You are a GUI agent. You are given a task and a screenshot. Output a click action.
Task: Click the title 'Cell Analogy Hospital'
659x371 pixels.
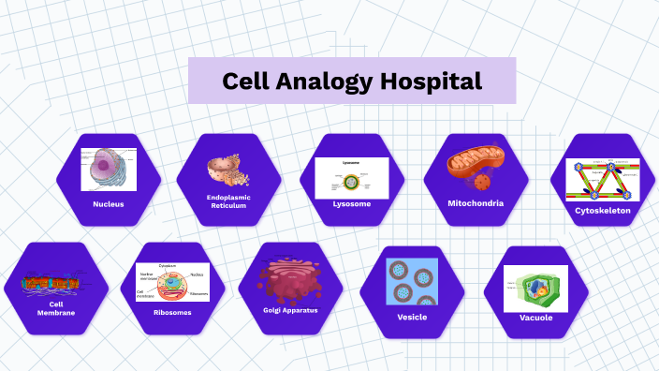352,81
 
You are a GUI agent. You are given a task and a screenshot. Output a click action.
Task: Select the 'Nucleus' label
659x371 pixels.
109,203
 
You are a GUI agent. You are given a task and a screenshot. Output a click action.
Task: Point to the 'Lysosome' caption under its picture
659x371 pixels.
352,203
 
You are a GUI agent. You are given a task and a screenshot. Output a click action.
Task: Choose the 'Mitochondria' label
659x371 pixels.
476,202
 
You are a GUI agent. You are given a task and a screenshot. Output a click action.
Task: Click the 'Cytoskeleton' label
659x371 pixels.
603,211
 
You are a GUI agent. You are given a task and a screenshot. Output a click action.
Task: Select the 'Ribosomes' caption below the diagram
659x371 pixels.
172,312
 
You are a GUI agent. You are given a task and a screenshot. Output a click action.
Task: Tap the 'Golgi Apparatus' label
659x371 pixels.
290,309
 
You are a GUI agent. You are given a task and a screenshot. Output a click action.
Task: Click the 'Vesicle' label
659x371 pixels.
412,317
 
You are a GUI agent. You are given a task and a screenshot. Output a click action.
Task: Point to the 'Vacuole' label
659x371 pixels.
535,318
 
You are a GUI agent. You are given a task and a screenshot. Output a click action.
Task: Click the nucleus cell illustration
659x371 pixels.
109,170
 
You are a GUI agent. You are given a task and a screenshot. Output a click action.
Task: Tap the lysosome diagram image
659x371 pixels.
351,176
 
